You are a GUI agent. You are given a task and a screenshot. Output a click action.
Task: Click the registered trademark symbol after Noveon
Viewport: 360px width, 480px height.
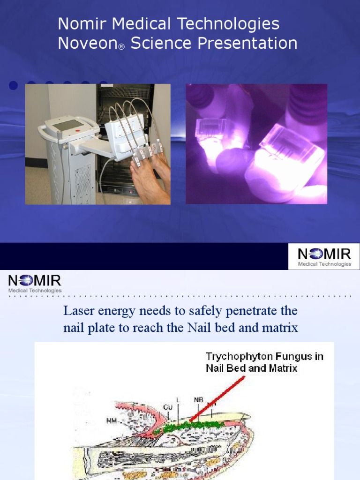pos(121,47)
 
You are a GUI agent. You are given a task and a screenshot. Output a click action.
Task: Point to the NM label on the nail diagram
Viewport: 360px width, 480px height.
pos(112,420)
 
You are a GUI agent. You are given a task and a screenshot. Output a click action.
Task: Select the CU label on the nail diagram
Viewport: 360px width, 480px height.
pos(168,407)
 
